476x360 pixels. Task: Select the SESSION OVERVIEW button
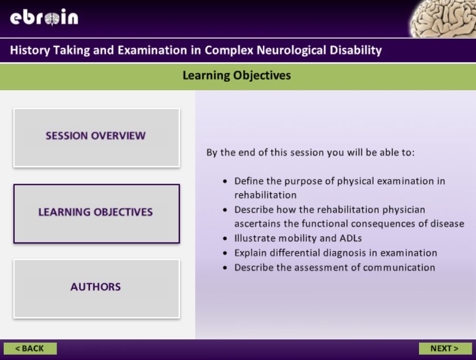point(96,136)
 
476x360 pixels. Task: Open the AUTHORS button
point(96,287)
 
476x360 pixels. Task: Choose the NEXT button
point(445,348)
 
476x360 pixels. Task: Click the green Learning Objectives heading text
point(237,76)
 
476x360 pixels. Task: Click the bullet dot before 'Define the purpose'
point(226,181)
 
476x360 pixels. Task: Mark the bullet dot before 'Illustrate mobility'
point(226,238)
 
